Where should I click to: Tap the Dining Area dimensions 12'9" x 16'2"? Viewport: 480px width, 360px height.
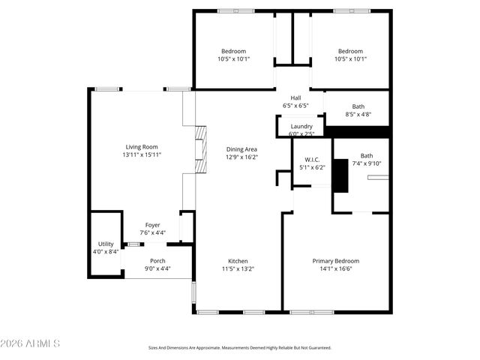241,157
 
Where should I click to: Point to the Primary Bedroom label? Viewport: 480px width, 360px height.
336,261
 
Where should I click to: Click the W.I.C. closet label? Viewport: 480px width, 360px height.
313,160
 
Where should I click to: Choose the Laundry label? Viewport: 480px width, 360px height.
301,127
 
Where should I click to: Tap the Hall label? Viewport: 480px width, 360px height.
295,98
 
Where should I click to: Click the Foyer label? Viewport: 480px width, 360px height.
152,225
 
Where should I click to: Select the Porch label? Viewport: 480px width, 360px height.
157,261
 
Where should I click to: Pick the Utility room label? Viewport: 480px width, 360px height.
106,244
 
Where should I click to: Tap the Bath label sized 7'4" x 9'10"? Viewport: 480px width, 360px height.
366,156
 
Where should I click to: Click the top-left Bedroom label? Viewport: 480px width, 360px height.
233,51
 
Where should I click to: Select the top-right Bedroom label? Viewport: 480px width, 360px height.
349,51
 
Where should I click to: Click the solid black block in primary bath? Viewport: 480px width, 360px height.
341,177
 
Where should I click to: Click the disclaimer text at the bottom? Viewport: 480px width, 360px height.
239,348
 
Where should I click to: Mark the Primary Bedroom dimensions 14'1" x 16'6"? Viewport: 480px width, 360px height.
336,268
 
